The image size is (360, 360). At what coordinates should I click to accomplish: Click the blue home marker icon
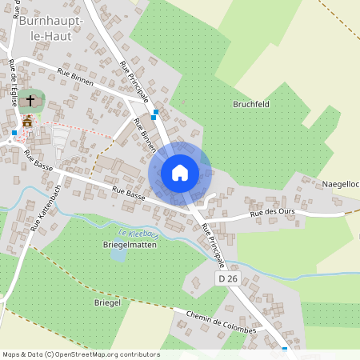[180, 172]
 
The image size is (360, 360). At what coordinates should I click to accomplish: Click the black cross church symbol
[31, 101]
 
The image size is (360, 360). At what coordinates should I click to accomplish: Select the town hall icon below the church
[28, 121]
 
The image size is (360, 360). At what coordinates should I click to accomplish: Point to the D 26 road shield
[228, 278]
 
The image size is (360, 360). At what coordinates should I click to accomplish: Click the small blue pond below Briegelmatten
[118, 255]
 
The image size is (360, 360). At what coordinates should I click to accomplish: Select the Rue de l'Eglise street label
[13, 80]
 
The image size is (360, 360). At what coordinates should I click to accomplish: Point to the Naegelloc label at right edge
[340, 184]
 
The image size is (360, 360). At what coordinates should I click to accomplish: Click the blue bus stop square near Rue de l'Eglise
[14, 132]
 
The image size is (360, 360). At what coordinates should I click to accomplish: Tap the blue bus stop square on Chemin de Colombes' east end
[285, 349]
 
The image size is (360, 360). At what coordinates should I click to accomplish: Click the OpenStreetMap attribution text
[80, 354]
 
